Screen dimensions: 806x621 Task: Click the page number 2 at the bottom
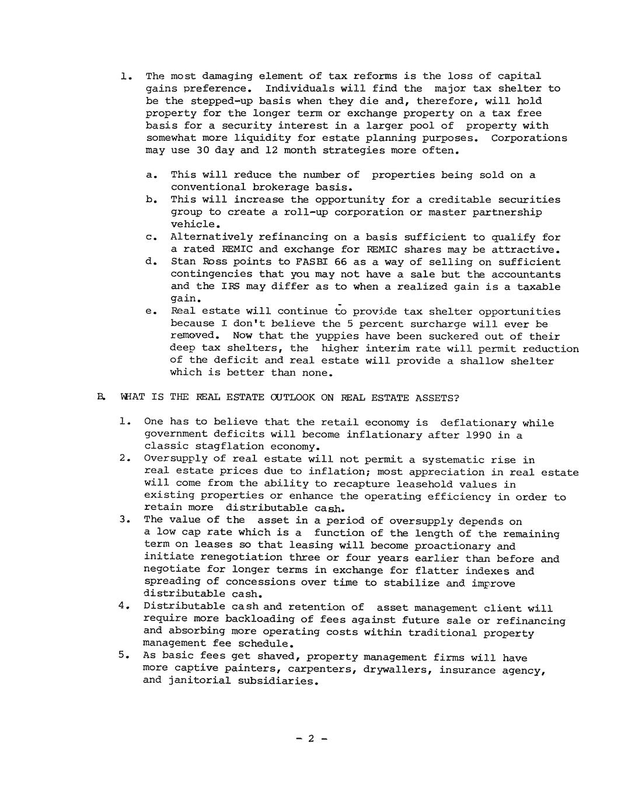311,738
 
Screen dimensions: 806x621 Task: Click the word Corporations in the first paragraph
529,138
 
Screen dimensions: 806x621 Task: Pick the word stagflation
225,447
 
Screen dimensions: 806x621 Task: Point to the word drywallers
397,669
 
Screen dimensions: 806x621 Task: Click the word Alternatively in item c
211,237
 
